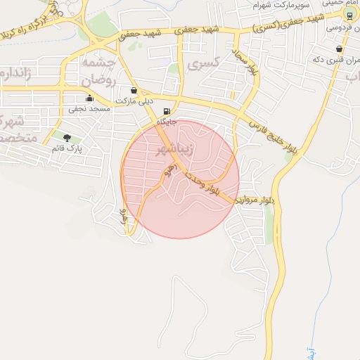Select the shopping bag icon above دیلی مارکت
[134, 91]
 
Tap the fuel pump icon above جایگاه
[166, 112]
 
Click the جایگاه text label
[166, 122]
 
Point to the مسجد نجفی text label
[89, 110]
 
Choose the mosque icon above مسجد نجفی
[89, 99]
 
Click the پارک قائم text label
[67, 149]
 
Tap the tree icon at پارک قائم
[67, 139]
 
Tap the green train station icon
[349, 15]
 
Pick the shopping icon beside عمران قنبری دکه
[340, 49]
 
